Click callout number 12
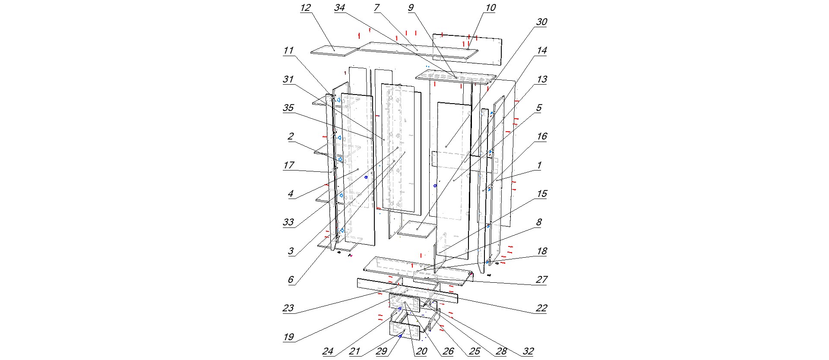point(305,8)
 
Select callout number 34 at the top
point(339,8)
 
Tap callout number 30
point(541,22)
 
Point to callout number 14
point(541,51)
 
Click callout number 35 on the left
point(288,108)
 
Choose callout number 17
point(288,165)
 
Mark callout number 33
point(288,223)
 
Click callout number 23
point(288,308)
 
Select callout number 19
point(288,337)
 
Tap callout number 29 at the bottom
point(381,351)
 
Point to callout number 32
point(528,351)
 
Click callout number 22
point(541,308)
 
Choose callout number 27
point(541,280)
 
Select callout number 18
point(541,251)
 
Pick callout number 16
point(541,136)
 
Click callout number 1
point(539,165)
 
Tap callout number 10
point(490,8)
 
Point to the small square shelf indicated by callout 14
point(417,229)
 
